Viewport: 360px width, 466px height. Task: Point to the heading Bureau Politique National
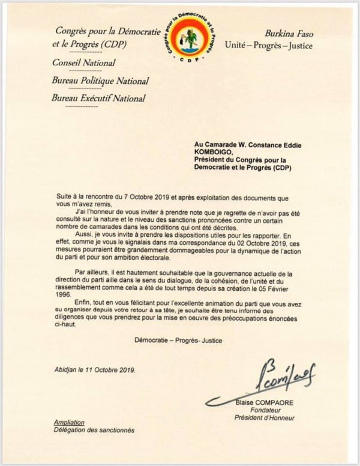(x=101, y=80)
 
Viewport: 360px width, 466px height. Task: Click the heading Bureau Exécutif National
(x=100, y=98)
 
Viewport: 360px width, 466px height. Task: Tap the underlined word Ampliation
(x=69, y=423)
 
